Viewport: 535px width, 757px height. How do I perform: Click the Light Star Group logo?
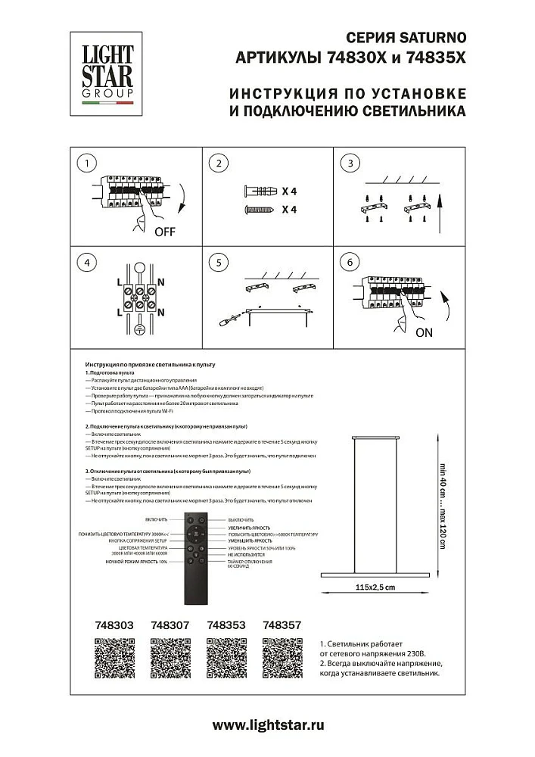coord(107,75)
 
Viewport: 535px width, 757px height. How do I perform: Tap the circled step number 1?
coord(89,164)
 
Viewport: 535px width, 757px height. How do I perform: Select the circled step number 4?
coord(89,263)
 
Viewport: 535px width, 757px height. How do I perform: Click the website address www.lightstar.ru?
coord(268,724)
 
